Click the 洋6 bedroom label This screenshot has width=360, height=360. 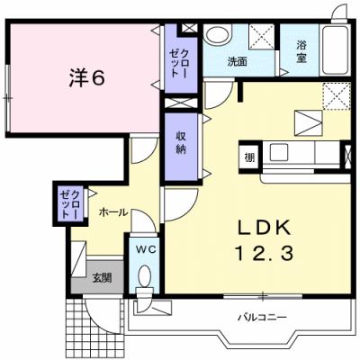click(x=85, y=77)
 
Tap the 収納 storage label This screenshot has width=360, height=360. click(x=180, y=142)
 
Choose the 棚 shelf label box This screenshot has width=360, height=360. click(x=247, y=158)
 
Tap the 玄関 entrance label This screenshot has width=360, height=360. click(x=100, y=277)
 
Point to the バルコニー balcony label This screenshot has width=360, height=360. click(x=262, y=317)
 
